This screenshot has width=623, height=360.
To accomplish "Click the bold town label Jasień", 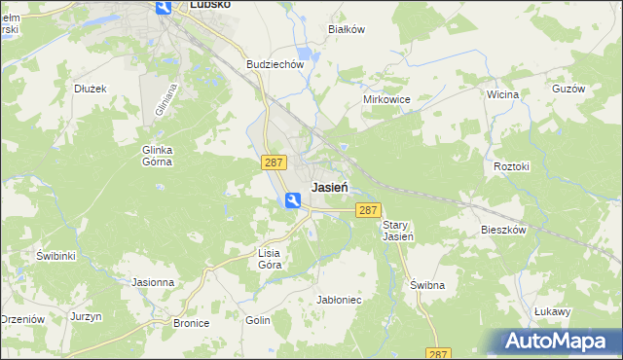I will click(333, 187).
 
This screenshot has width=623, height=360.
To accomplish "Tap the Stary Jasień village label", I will click(398, 230).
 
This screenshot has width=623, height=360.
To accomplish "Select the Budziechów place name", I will click(276, 64).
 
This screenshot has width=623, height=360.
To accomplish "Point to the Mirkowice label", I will click(386, 100).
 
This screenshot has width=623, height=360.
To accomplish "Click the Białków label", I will click(347, 29).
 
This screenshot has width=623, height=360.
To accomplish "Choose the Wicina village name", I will click(502, 95).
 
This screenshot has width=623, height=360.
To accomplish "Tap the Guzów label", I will click(568, 89).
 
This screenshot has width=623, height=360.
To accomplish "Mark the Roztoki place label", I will click(511, 166).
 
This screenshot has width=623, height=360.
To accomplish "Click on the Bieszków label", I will click(503, 231).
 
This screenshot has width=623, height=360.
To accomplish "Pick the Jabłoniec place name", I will click(340, 300).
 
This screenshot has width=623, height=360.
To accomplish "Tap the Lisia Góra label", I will click(269, 258).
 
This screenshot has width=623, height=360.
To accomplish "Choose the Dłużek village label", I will click(91, 88).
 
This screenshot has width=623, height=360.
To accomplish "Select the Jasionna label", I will click(153, 282).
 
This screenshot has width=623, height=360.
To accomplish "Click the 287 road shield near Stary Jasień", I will click(367, 210).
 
